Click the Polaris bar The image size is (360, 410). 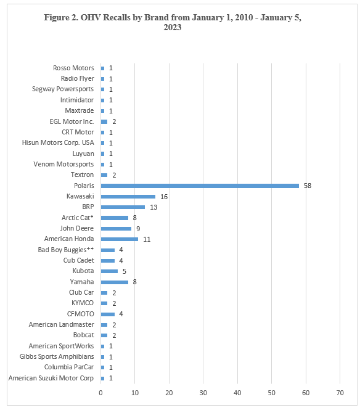(200, 186)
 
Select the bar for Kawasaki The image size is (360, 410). (128, 197)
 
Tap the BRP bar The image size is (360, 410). (123, 207)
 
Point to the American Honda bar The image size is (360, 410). (120, 239)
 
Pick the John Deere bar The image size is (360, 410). (116, 229)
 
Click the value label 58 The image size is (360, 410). (308, 186)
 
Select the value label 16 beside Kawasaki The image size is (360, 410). (164, 197)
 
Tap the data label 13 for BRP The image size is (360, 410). (153, 207)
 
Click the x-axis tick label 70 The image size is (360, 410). (340, 393)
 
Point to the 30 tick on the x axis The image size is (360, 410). (203, 393)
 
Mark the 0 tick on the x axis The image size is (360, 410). (100, 393)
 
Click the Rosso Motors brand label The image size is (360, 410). (73, 68)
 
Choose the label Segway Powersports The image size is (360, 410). (63, 89)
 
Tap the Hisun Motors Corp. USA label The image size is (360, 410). (58, 143)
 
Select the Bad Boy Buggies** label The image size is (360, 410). (66, 250)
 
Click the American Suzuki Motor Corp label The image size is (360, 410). (51, 378)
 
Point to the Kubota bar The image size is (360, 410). (109, 271)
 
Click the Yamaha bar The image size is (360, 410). (115, 282)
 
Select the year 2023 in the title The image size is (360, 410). (173, 28)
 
